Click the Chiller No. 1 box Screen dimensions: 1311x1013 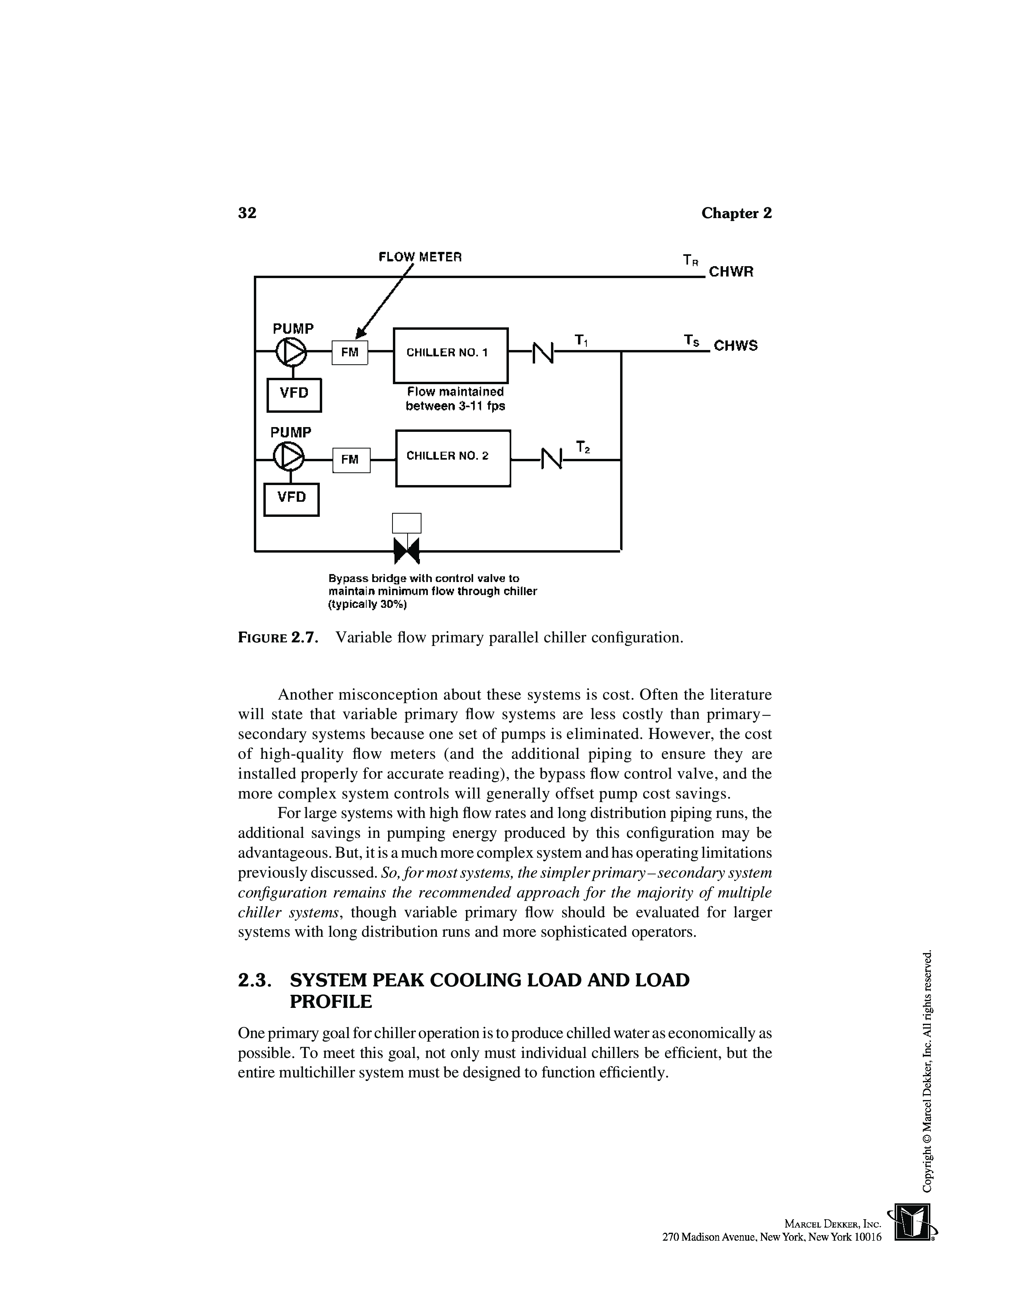point(450,356)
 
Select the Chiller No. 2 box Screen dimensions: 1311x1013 point(453,458)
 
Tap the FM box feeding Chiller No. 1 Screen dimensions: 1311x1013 point(350,352)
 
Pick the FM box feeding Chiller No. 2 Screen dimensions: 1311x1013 point(351,460)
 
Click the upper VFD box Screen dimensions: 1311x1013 point(294,394)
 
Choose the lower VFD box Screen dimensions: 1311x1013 point(292,499)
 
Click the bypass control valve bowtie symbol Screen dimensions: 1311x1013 point(406,550)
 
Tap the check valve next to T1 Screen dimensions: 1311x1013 point(543,352)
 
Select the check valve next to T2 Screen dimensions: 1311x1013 point(551,460)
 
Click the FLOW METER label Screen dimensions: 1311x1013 point(420,257)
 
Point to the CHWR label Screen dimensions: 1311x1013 point(731,272)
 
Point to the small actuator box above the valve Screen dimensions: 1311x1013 point(406,523)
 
